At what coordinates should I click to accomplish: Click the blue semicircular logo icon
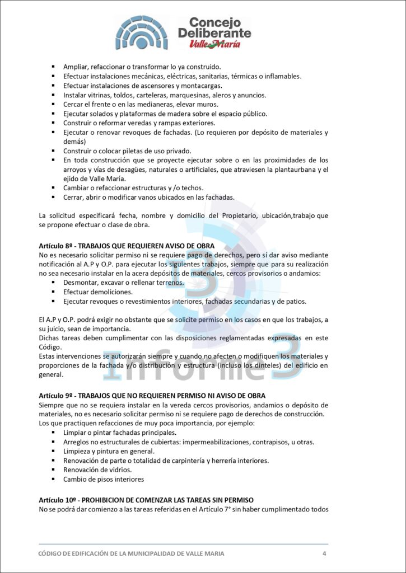pyautogui.click(x=142, y=32)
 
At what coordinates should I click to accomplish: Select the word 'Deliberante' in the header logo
pyautogui.click(x=214, y=33)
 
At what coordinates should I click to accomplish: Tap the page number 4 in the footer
pyautogui.click(x=324, y=553)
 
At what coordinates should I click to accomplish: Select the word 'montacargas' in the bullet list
pyautogui.click(x=201, y=86)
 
